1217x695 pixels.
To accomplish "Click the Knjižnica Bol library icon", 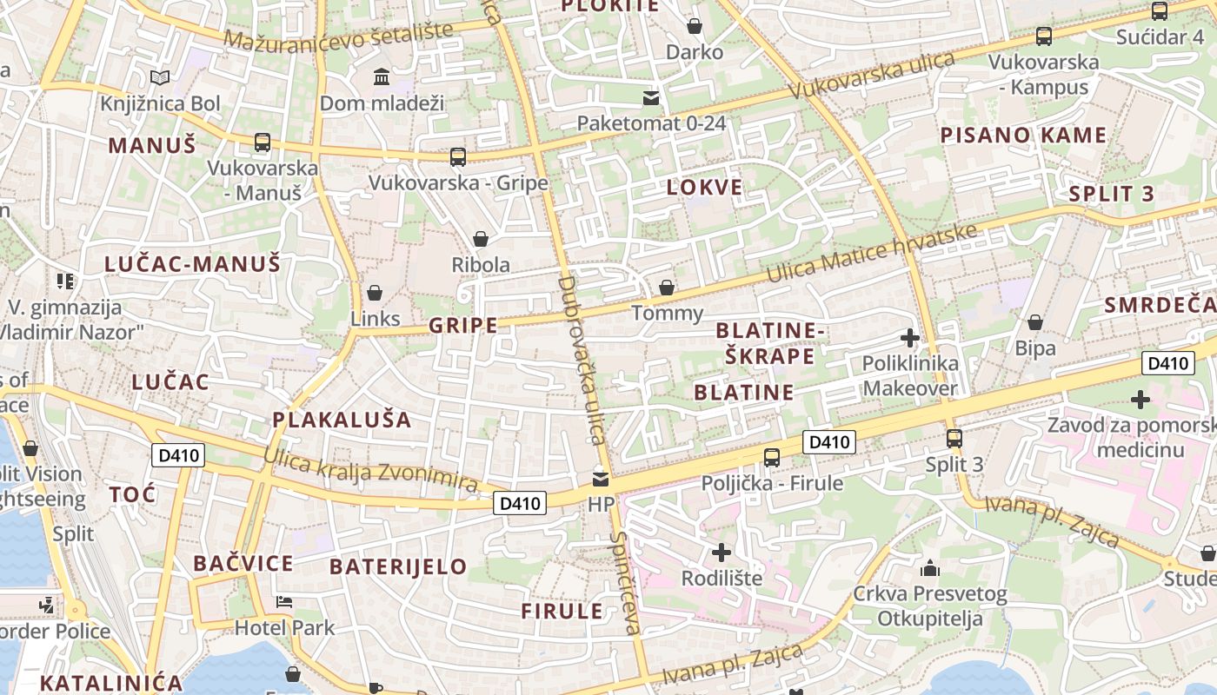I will point(159,78).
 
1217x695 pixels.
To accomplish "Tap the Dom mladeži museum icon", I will point(382,77).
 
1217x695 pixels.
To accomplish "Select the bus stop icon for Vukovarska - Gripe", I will point(458,157).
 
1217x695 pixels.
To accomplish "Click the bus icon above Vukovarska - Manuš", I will point(262,142).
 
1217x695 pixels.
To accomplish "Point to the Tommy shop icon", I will point(667,288).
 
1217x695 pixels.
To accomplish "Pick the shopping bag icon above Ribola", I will point(480,239).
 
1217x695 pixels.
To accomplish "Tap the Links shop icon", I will point(375,293).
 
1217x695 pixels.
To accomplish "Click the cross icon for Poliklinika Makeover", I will point(910,338).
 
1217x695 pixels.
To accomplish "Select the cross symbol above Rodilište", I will point(722,553).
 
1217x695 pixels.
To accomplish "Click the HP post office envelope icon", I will point(601,479).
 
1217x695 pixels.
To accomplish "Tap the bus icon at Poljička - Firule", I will point(771,458).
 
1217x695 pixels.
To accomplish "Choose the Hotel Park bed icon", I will point(284,602).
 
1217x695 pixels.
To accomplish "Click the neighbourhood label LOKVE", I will point(705,187).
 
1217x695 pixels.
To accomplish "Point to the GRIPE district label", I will point(463,326).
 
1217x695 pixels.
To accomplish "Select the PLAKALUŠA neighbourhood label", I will point(342,420).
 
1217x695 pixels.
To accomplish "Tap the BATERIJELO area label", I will point(398,567).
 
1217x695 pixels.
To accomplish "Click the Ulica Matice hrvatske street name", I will point(872,253).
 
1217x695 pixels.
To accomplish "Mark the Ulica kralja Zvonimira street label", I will point(371,469).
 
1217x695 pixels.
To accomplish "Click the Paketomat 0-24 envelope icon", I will point(651,98).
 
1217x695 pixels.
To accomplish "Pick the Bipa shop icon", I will point(1035,323).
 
